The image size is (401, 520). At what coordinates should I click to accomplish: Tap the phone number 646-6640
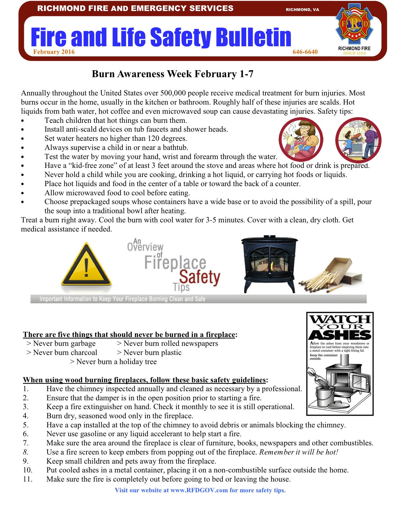tap(305, 52)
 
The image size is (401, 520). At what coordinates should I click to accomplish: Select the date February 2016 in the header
tap(54, 52)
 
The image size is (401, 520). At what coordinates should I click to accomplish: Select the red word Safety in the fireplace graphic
tap(199, 277)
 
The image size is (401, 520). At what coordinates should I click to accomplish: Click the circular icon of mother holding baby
tap(301, 140)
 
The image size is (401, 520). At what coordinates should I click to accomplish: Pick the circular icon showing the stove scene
tap(358, 140)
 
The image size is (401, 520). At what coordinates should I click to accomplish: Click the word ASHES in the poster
tap(340, 335)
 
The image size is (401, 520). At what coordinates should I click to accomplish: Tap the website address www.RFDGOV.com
tap(199, 490)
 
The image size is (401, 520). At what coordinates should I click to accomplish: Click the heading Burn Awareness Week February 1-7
tap(172, 74)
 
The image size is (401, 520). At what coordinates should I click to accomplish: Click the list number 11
tap(27, 479)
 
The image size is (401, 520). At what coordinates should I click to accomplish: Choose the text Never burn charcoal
tap(65, 353)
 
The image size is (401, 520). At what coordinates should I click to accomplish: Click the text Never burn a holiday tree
tap(116, 362)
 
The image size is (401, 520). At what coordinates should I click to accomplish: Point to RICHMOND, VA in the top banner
tap(302, 10)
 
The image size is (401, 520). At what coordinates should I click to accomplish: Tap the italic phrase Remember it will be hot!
tap(298, 452)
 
